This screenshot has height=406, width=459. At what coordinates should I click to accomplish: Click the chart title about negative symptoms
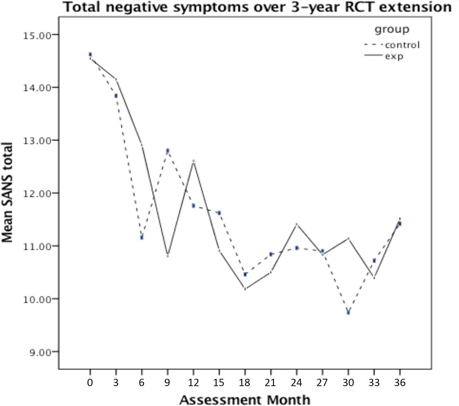(257, 7)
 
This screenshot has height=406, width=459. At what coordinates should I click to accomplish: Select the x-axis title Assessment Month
(245, 400)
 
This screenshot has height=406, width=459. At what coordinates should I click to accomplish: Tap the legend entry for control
(402, 45)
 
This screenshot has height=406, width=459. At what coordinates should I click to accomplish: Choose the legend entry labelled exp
(394, 56)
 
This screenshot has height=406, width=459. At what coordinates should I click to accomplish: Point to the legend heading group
(392, 30)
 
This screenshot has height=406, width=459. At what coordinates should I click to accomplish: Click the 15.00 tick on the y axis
(36, 35)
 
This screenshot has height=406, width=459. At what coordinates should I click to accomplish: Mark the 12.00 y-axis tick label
(36, 193)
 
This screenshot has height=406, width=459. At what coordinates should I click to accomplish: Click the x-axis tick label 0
(90, 383)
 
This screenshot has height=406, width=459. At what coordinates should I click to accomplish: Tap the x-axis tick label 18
(245, 383)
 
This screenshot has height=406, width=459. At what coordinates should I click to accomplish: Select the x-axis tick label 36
(400, 383)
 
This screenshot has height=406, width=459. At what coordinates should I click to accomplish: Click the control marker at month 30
(348, 312)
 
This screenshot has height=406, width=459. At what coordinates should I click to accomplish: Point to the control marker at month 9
(168, 151)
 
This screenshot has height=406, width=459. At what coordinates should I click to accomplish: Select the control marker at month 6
(142, 237)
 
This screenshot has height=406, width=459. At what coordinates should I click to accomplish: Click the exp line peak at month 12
(193, 161)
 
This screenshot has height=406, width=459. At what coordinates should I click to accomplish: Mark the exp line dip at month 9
(168, 255)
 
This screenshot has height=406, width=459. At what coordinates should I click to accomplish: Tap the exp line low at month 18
(245, 289)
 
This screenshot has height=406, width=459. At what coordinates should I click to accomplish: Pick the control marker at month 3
(116, 96)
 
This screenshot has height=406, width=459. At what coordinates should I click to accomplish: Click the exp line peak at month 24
(297, 224)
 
